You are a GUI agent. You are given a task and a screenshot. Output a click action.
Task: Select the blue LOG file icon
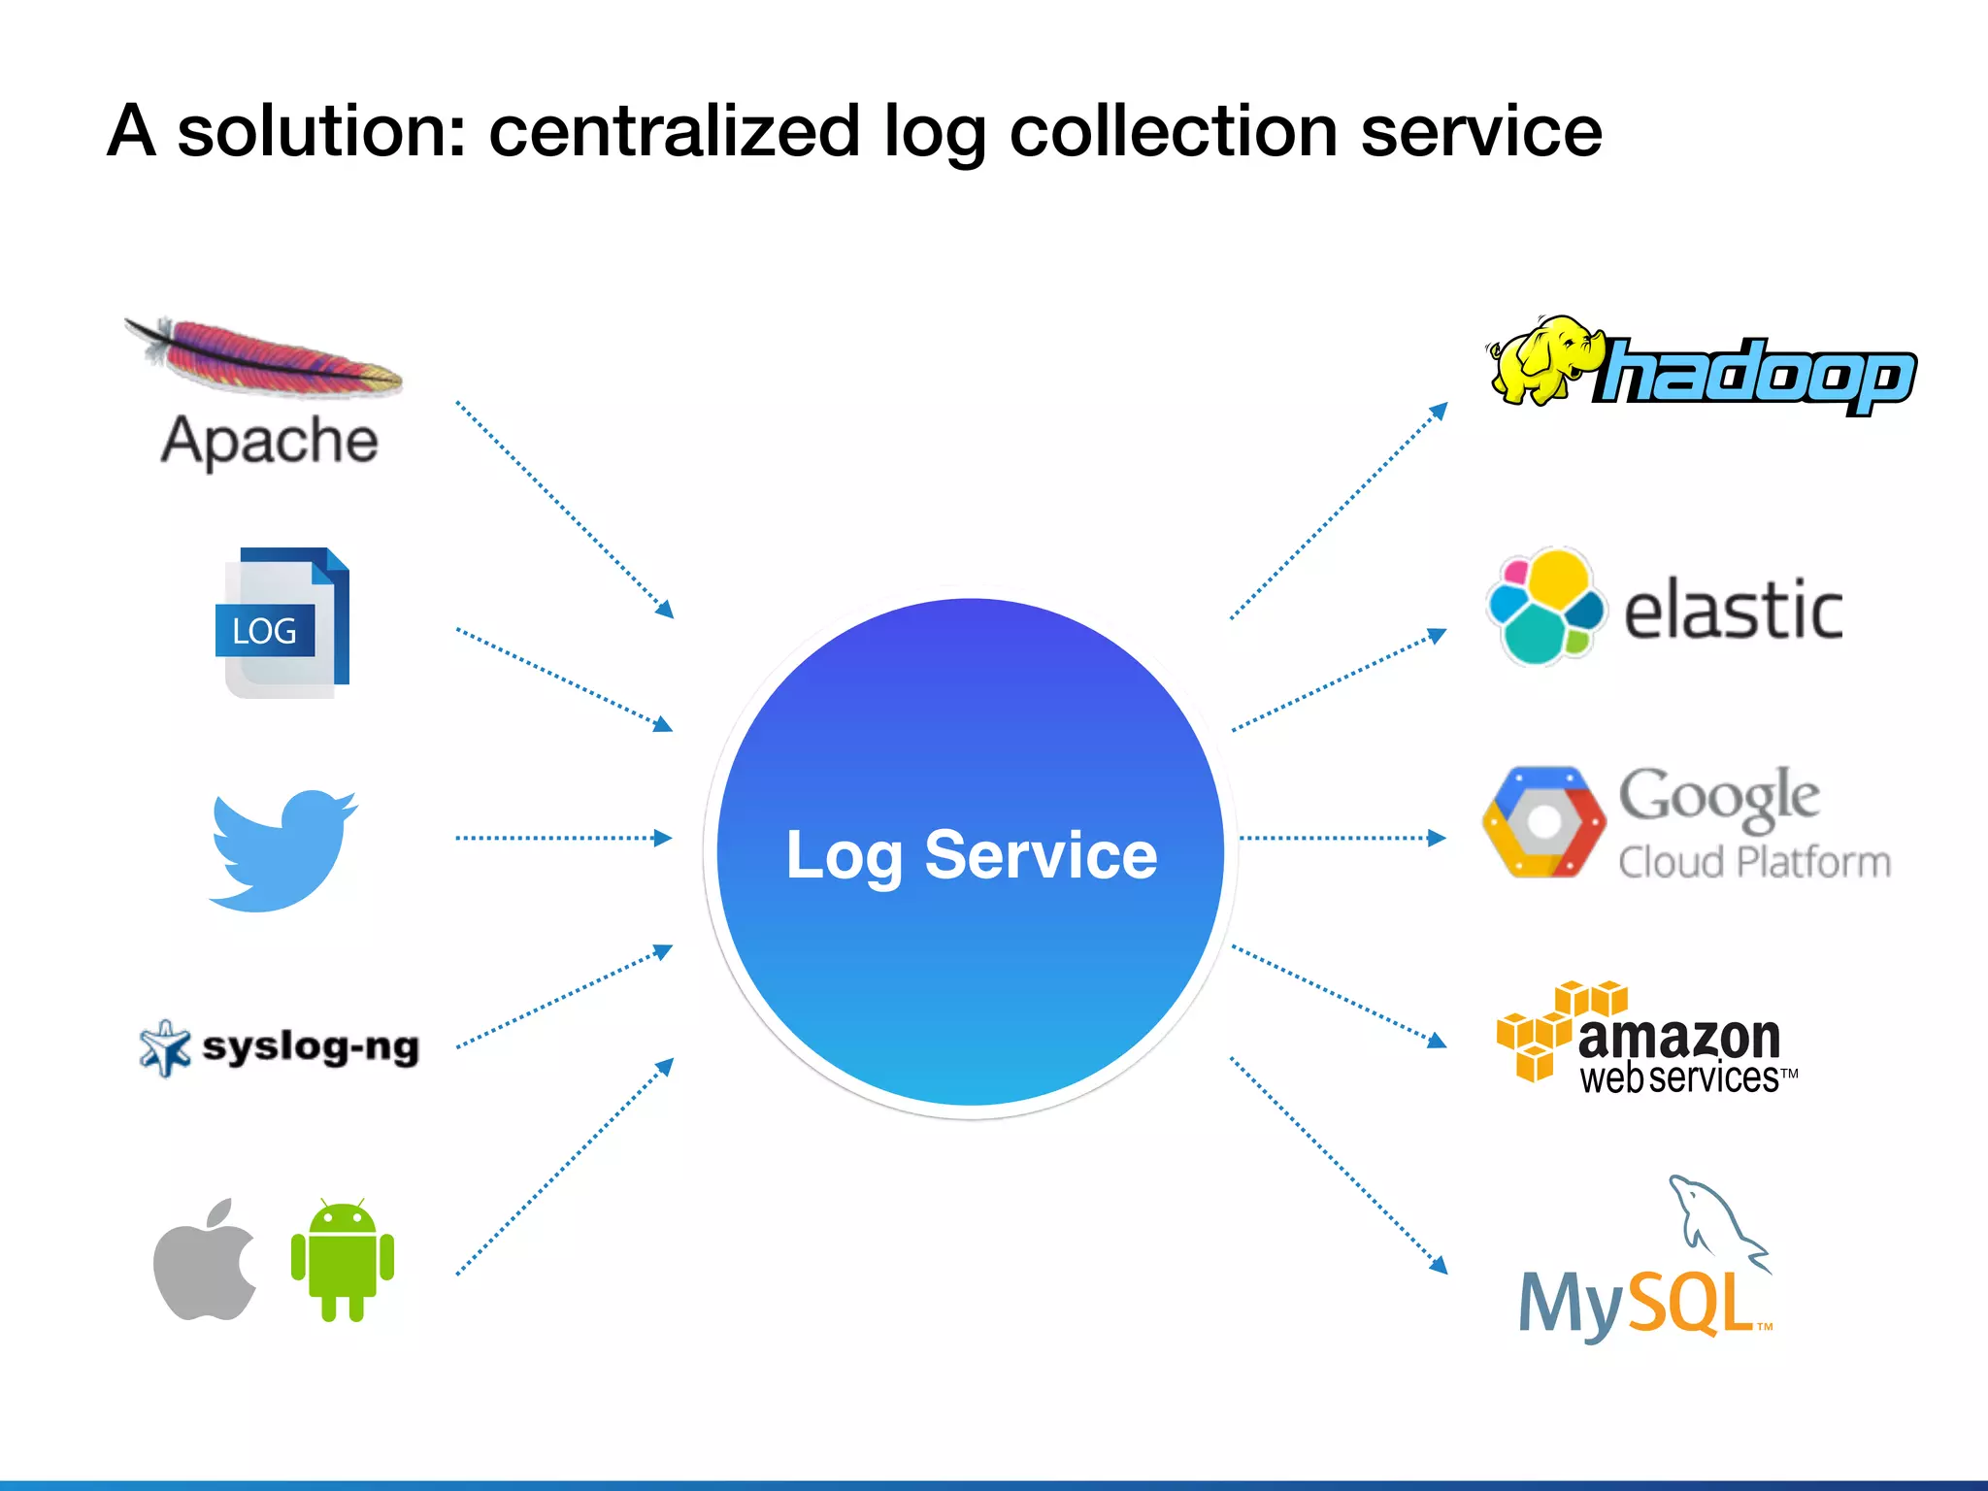pos(282,623)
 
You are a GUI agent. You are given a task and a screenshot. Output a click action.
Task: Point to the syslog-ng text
pos(311,1047)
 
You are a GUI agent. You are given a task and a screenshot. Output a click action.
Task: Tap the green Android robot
pos(343,1260)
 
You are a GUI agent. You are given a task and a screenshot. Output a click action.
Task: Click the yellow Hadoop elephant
pos(1543,359)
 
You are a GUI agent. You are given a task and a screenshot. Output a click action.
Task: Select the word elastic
pos(1733,610)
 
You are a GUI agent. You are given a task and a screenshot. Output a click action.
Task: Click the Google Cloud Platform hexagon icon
pos(1543,822)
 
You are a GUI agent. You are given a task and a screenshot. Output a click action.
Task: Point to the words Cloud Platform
pos(1754,862)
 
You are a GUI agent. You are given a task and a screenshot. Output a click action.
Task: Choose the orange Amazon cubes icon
pos(1553,1029)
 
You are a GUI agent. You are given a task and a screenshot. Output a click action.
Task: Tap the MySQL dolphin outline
pos(1713,1218)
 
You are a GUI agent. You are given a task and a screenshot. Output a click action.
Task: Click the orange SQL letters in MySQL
pos(1694,1304)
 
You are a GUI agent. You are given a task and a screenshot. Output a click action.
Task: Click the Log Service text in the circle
pos(971,855)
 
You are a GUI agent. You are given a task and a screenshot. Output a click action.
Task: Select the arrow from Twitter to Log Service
pos(563,838)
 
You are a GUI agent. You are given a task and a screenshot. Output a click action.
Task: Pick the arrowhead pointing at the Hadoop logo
pos(1440,411)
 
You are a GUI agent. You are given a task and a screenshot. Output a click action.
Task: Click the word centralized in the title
pos(674,131)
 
